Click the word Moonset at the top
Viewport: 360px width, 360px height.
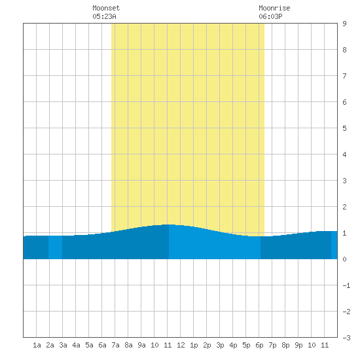[x=106, y=8]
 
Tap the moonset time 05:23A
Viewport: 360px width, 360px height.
[x=104, y=16]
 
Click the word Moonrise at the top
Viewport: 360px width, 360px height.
[x=274, y=8]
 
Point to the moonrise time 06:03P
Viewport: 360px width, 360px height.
[x=270, y=16]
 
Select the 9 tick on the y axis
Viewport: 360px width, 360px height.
[x=344, y=24]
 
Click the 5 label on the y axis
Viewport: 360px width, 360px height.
[x=344, y=128]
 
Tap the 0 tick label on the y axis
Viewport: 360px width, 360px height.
[x=344, y=259]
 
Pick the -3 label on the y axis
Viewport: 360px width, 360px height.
[x=346, y=338]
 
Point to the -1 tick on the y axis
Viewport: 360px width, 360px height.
[x=346, y=285]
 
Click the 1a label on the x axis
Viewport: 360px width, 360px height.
[x=37, y=345]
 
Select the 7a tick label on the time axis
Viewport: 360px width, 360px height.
[x=115, y=345]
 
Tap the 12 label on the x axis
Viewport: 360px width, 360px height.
[x=181, y=345]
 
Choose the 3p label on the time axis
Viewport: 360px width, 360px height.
[x=220, y=345]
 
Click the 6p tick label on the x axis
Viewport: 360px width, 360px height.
[x=259, y=345]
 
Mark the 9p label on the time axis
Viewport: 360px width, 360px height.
[x=298, y=345]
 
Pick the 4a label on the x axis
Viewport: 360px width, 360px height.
[x=76, y=345]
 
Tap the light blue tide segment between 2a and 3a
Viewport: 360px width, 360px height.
[x=56, y=247]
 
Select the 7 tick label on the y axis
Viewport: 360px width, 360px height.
[x=344, y=76]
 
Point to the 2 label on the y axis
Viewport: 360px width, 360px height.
[x=344, y=207]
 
